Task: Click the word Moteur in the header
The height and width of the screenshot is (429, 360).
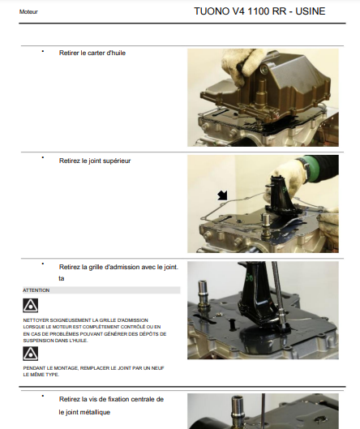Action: pos(28,12)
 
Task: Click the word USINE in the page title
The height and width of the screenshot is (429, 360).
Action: pos(311,11)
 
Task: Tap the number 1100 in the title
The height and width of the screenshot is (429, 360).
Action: pos(259,11)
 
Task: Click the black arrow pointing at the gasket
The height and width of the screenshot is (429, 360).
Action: pos(222,195)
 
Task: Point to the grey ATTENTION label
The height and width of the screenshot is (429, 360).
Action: pos(36,290)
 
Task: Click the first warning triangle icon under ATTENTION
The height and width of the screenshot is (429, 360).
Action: pos(30,306)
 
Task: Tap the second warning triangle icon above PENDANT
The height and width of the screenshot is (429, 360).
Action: pos(30,354)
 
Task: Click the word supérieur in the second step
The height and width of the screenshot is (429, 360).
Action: pos(116,161)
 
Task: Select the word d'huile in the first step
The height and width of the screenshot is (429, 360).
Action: pos(116,53)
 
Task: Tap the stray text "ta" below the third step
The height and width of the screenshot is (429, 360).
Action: pos(62,278)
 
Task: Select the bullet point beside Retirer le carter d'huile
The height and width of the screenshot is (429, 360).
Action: pos(43,51)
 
